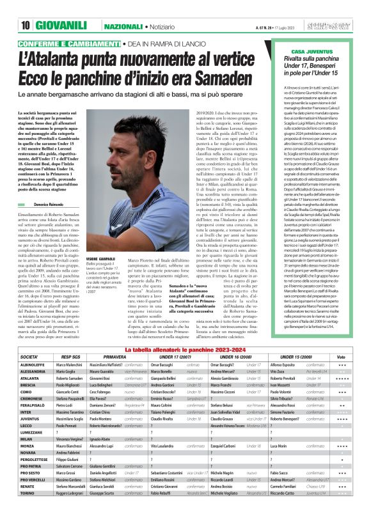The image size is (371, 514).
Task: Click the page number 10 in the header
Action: [x=26, y=26]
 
